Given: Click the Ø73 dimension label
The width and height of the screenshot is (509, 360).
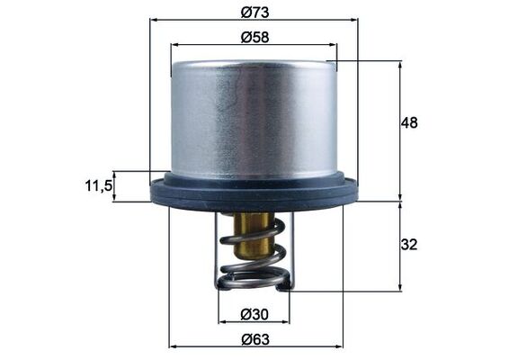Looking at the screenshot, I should click(255, 12).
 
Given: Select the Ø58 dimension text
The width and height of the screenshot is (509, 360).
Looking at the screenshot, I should click(255, 38).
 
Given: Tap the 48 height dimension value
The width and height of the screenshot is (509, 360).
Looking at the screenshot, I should click(410, 122).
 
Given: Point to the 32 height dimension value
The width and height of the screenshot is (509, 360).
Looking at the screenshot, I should click(410, 245).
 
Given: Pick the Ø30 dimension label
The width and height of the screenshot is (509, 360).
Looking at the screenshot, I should click(254, 314).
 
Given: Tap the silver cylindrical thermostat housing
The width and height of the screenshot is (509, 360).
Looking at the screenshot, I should click(254, 117).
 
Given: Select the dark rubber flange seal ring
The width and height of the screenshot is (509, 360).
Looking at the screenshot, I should click(254, 191).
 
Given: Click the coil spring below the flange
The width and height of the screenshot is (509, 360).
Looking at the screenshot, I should click(254, 261).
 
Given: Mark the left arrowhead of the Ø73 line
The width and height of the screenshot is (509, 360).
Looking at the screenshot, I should click(153, 19).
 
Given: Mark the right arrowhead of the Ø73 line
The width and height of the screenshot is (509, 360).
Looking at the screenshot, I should click(354, 19).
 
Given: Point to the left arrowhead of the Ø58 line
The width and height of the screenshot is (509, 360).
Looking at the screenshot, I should click(174, 45).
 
